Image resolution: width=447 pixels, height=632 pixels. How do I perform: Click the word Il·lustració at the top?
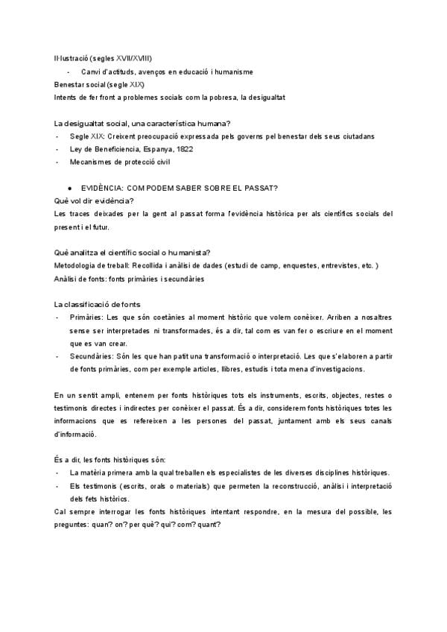[72, 58]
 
